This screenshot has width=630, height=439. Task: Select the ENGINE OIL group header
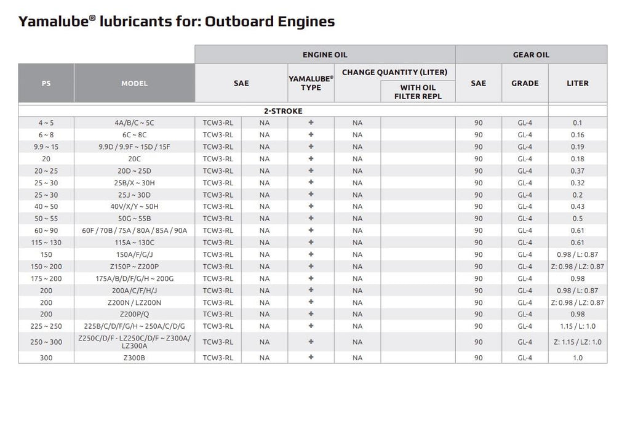click(x=325, y=55)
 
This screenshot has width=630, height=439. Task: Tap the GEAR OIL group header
click(x=531, y=55)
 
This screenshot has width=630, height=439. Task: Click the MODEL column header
click(x=134, y=83)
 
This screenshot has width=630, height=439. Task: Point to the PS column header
click(x=46, y=83)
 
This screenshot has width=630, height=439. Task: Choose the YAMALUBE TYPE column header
click(x=311, y=83)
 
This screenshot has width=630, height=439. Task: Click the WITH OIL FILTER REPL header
click(x=418, y=92)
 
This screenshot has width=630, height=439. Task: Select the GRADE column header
click(x=525, y=83)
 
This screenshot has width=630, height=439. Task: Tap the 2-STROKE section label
click(x=283, y=111)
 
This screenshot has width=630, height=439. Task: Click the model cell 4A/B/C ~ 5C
click(x=134, y=123)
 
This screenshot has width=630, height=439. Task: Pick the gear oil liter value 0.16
click(x=577, y=135)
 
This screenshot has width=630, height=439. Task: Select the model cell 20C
click(x=134, y=159)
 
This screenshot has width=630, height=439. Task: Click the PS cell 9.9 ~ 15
click(x=46, y=147)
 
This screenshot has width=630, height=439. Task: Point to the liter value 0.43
click(x=577, y=207)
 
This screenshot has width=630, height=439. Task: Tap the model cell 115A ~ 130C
click(x=134, y=243)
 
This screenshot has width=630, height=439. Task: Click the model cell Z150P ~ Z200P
click(x=134, y=267)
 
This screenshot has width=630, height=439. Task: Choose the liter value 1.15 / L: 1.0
click(x=577, y=326)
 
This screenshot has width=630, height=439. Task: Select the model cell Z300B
click(x=134, y=358)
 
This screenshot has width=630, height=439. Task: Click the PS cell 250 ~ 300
click(x=46, y=342)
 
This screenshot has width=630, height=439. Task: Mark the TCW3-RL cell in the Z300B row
click(x=218, y=358)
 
